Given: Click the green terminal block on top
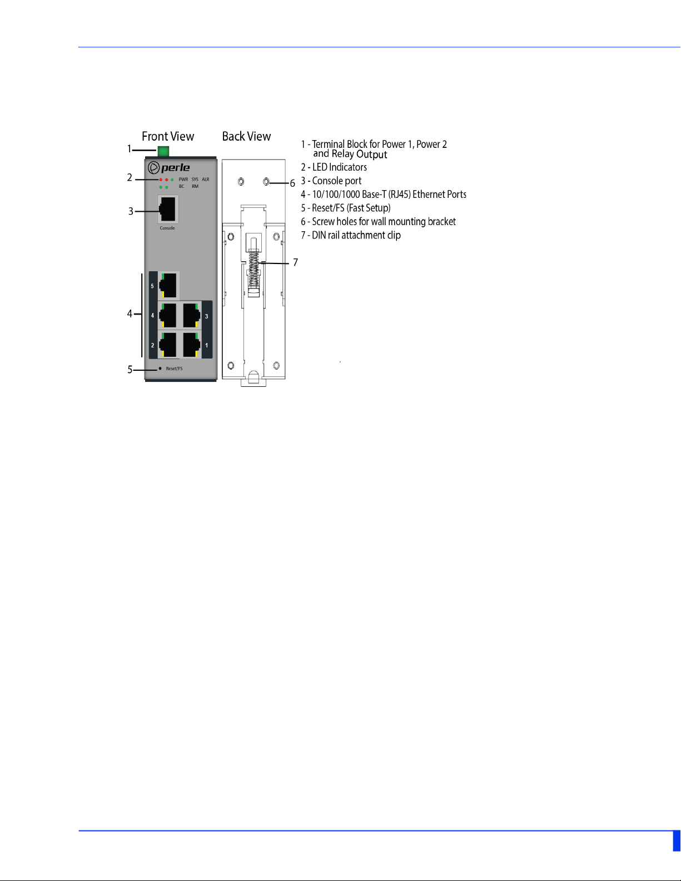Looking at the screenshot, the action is point(163,151).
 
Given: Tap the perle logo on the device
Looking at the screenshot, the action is point(169,167).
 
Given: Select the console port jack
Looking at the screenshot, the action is point(168,210).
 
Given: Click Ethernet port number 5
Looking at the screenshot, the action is point(168,286).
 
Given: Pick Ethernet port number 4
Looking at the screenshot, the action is point(168,316).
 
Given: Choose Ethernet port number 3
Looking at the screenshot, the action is point(191,316).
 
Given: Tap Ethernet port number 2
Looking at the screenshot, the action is point(168,345).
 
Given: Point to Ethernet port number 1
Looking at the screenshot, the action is point(191,345).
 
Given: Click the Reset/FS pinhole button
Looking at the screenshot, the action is point(160,368).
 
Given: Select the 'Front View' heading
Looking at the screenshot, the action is point(168,137).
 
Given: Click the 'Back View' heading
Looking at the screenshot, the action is point(246,137).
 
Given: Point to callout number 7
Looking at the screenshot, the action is point(295,262).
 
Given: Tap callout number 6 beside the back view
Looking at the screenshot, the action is point(292,183).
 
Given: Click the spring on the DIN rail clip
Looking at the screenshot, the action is point(254,269).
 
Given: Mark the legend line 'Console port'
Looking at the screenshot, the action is point(331,181).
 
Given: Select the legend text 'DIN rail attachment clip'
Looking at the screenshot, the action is point(351,235).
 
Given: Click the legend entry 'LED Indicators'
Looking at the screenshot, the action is point(334,167).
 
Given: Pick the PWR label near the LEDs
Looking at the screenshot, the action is point(183,180).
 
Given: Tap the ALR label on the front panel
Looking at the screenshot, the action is point(206,180).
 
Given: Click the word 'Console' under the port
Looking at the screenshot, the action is point(167,228).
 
